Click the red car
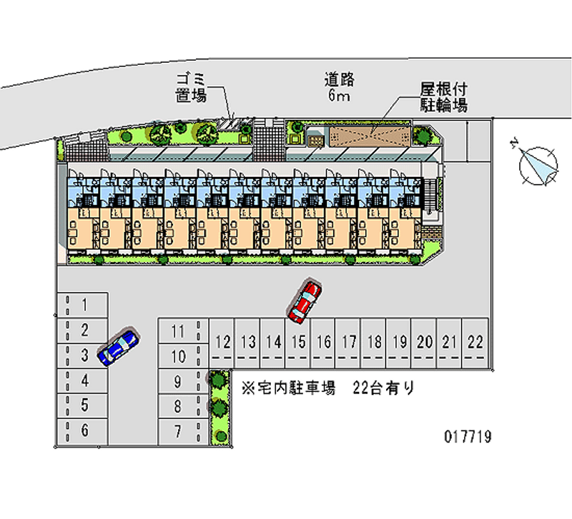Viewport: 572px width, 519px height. tap(305, 300)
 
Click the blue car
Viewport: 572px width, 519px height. tap(118, 346)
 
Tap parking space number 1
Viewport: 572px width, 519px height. tap(84, 306)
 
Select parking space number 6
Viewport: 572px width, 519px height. tap(84, 430)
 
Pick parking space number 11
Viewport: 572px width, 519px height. tap(178, 331)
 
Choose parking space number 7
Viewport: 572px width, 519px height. tap(178, 430)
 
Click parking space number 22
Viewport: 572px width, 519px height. tap(474, 342)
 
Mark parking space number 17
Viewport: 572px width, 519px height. tap(349, 342)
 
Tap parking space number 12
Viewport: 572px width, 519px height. tap(223, 342)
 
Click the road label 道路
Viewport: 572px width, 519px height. tap(340, 80)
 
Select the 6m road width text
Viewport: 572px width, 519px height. tap(339, 96)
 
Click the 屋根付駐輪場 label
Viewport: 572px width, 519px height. tap(443, 98)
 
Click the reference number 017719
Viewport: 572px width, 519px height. tap(465, 435)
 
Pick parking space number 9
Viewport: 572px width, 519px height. tap(178, 381)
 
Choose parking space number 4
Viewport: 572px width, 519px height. tap(84, 381)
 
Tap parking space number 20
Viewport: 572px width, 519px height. tap(424, 342)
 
